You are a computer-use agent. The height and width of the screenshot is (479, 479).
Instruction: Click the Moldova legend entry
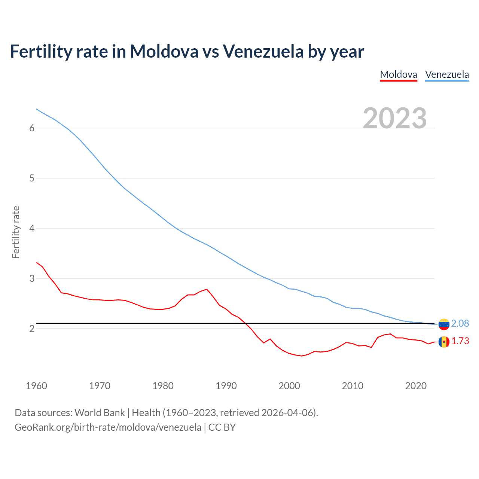tap(399, 74)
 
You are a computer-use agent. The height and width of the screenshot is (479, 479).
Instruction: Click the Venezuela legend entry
tap(447, 74)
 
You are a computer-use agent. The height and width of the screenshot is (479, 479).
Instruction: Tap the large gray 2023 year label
tap(395, 118)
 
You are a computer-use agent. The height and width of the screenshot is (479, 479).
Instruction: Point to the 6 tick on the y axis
tap(32, 128)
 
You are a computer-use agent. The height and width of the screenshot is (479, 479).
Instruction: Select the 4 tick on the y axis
tap(32, 228)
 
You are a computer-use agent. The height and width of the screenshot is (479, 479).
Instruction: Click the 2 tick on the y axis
tap(32, 329)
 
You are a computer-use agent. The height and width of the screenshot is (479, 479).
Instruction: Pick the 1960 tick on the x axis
tap(36, 386)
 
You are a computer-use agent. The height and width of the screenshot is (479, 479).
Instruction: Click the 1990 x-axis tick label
tap(226, 386)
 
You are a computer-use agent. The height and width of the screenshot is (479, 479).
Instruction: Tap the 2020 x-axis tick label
tap(416, 386)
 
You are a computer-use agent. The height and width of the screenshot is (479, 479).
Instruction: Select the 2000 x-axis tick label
tap(289, 386)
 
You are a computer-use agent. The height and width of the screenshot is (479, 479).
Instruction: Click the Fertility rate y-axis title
tap(16, 232)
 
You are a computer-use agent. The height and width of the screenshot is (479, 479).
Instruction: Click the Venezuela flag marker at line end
tap(444, 324)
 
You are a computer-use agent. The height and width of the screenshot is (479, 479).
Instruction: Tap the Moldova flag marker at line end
tap(444, 342)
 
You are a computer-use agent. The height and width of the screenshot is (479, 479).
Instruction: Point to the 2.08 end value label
tap(460, 323)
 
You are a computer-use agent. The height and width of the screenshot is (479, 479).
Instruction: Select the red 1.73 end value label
tap(460, 341)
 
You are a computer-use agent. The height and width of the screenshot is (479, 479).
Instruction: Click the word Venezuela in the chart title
tap(263, 52)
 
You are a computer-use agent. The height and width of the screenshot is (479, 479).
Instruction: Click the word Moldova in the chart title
tap(164, 52)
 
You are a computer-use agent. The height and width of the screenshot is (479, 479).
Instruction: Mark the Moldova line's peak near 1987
tap(207, 289)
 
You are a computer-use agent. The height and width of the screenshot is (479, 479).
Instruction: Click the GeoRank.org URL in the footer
tap(108, 427)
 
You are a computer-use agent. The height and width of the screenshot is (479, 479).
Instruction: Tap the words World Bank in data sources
tap(100, 413)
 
